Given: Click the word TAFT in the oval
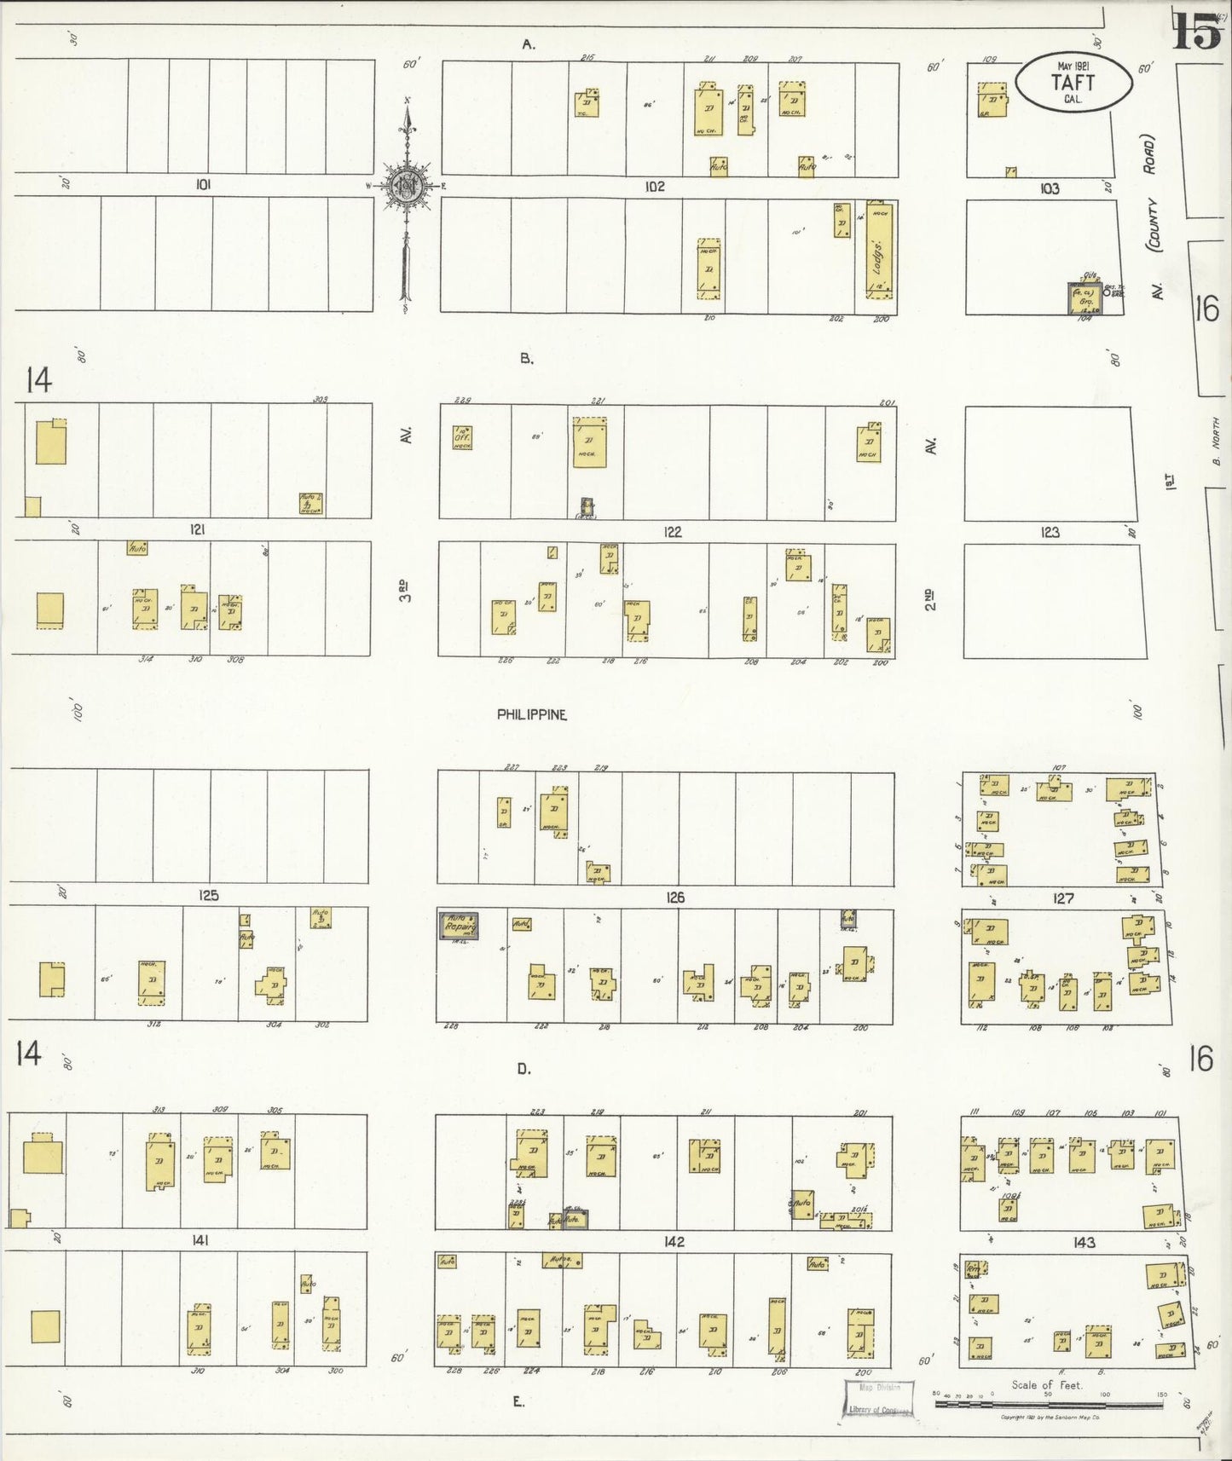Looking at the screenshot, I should click(x=1073, y=83).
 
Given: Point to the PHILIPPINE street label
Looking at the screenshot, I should click(x=532, y=714).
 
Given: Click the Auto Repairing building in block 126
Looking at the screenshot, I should click(x=459, y=926).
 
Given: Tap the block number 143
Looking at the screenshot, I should click(x=1085, y=1243).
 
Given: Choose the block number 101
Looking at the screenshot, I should click(x=203, y=184).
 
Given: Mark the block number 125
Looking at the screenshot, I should click(x=208, y=895).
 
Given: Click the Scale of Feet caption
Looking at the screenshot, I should click(x=1046, y=1385).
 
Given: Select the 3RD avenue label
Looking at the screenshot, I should click(x=407, y=591).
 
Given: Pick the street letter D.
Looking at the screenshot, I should click(x=523, y=1068).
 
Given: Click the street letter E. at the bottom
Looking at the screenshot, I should click(x=518, y=1401).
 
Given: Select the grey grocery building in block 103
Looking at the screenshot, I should click(x=1086, y=299).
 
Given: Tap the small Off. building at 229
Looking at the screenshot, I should click(x=462, y=436).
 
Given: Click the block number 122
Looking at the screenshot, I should click(x=673, y=532).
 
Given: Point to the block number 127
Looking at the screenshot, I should click(x=1063, y=898).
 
